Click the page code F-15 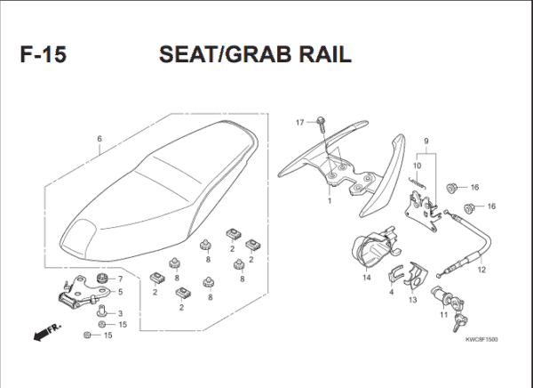click(42, 55)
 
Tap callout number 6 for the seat click(99, 139)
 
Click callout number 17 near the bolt click(299, 121)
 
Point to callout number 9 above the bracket click(426, 141)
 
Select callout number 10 click(417, 166)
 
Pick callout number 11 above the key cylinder click(442, 314)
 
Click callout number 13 click(412, 300)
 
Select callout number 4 click(391, 291)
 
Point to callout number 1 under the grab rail click(329, 201)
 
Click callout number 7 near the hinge click(121, 279)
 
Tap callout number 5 click(121, 292)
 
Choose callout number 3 click(121, 313)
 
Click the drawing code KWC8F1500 click(481, 339)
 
